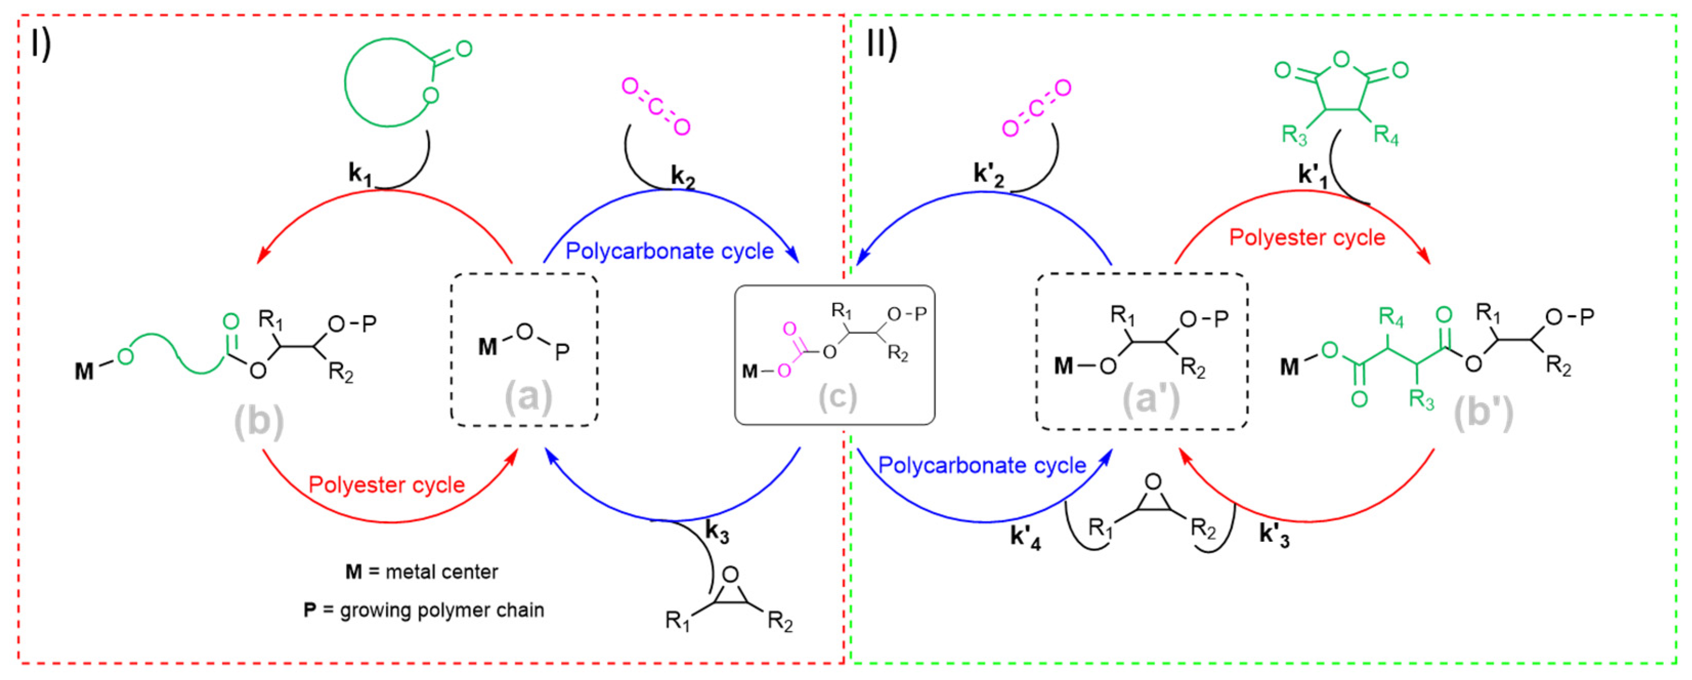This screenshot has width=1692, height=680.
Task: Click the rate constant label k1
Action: coord(360,174)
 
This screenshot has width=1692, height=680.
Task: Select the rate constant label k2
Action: coord(682,177)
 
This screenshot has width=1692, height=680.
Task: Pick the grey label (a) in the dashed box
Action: coord(528,397)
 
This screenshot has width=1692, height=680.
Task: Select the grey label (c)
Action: coord(837,397)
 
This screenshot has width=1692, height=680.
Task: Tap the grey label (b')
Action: coord(1483,414)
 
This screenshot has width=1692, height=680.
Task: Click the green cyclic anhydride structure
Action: coord(1341,92)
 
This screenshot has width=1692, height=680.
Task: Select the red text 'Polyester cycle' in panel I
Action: coord(386,485)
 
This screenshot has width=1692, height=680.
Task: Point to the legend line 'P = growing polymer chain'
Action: coord(424,610)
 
